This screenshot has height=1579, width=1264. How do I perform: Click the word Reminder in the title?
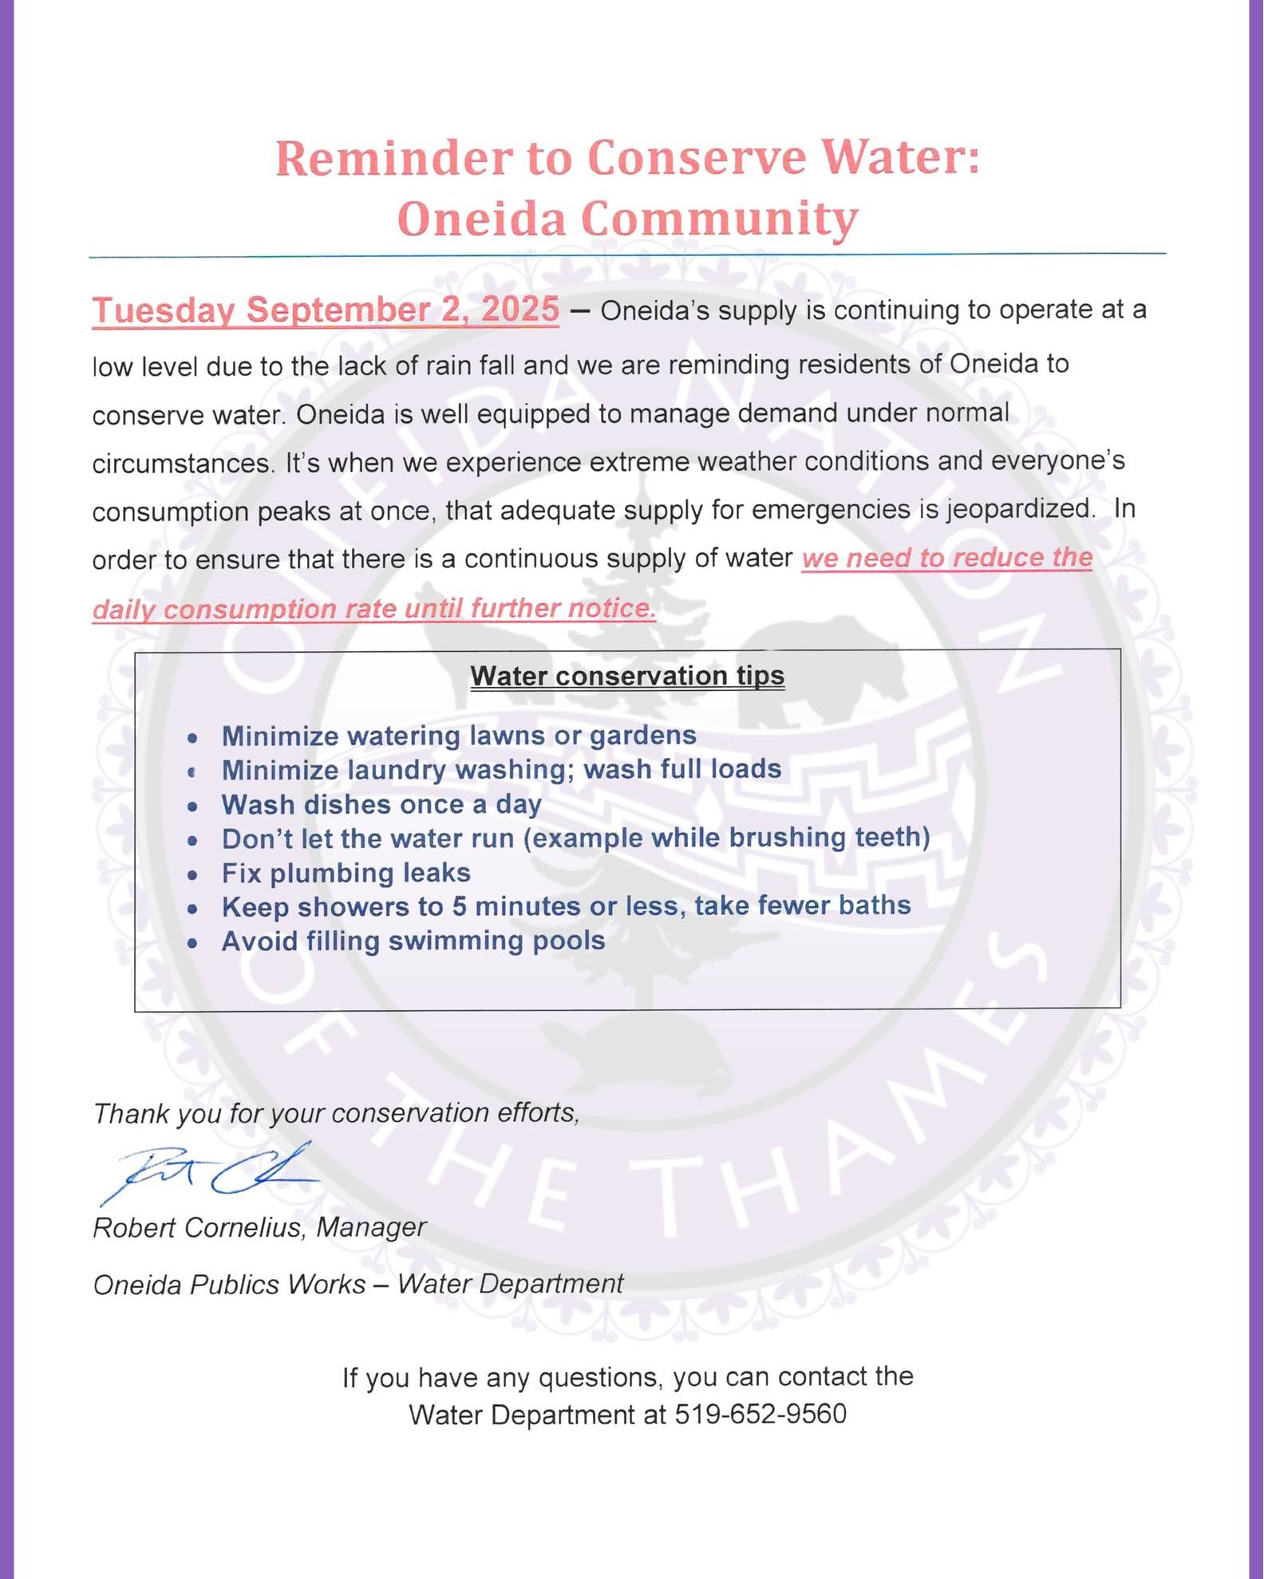coord(392,157)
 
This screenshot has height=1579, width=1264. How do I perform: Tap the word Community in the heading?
coord(719,219)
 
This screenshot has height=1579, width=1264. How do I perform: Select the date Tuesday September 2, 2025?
coord(326,310)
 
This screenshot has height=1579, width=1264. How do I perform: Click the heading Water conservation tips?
coord(627,676)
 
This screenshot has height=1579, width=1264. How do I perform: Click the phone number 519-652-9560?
coord(760,1415)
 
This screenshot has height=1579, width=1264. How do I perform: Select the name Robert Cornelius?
coord(198,1227)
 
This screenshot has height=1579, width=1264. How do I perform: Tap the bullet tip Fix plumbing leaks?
coord(346,873)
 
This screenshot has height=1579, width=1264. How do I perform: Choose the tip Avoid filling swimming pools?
coord(413,941)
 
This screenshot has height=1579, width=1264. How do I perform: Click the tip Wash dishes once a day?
coord(381,804)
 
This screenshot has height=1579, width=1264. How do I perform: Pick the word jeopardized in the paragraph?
coord(1020,509)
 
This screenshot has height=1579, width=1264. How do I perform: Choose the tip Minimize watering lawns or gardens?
coord(459,736)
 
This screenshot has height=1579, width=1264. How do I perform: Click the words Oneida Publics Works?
coord(229,1285)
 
